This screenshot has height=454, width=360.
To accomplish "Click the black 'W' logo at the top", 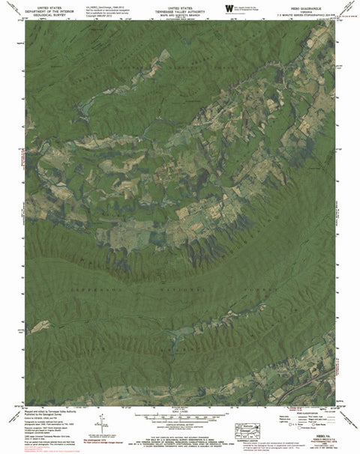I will click(x=228, y=7).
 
